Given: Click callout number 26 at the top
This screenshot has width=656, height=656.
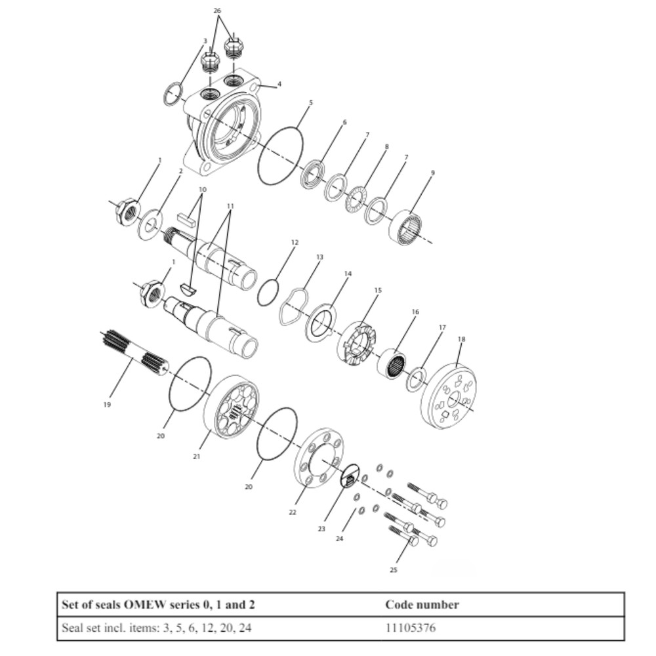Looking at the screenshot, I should pyautogui.click(x=218, y=11).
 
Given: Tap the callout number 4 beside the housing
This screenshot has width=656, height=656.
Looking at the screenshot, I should pyautogui.click(x=279, y=84).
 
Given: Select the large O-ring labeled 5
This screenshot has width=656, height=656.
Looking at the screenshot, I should pyautogui.click(x=281, y=156).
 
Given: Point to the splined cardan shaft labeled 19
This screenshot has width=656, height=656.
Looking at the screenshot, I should pyautogui.click(x=134, y=355).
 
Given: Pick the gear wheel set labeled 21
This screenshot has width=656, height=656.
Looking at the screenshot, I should pyautogui.click(x=232, y=407).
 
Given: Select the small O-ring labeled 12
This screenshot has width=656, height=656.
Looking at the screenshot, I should pyautogui.click(x=267, y=292).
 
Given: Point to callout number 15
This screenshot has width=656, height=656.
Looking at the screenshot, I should pyautogui.click(x=378, y=290).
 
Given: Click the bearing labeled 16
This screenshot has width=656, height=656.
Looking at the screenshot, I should pyautogui.click(x=393, y=363).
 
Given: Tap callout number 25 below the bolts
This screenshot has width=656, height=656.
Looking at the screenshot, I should pyautogui.click(x=394, y=570).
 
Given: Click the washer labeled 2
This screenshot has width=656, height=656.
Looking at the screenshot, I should pyautogui.click(x=150, y=225).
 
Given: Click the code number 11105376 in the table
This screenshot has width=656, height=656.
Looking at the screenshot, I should pyautogui.click(x=410, y=628).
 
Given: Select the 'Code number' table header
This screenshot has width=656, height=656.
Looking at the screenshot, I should pyautogui.click(x=422, y=605).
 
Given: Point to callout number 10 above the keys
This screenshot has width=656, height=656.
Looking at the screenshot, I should pyautogui.click(x=202, y=190).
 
